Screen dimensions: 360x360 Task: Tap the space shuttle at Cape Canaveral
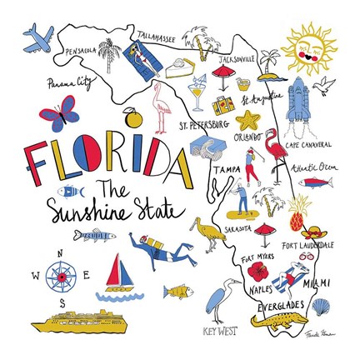click(297, 104)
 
